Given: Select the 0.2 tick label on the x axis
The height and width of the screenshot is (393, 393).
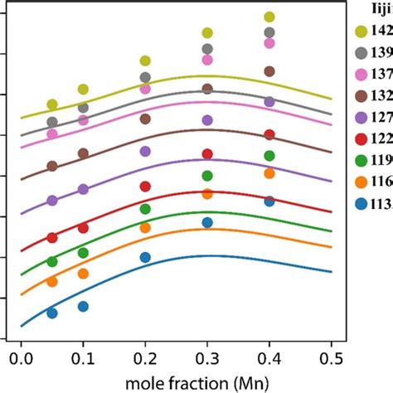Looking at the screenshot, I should pos(145,358).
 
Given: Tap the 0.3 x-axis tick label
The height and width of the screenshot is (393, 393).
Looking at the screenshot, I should pos(207,358).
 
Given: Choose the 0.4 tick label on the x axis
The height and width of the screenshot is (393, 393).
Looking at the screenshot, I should pos(269,358).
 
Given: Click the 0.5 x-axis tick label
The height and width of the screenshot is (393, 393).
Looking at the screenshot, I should pos(332,358).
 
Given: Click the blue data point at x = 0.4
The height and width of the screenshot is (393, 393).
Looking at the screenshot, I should pos(269,201).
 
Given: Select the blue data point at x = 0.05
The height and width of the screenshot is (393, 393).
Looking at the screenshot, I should pos(52,313).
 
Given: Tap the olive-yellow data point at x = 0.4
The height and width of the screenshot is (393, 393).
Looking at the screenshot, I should pos(269,17).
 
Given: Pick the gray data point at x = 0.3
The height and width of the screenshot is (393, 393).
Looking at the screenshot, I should pos(207,49).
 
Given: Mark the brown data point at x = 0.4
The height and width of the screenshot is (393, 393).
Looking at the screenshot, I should pos(269,71).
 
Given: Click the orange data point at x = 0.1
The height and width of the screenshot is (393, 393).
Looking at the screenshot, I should pos(83,273).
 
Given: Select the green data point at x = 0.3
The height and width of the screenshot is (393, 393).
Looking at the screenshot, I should pos(207,175).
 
